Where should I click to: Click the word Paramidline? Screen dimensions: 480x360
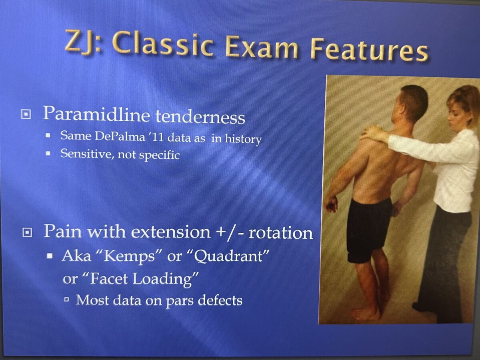[96, 114]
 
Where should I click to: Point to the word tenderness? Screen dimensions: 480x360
[200, 117]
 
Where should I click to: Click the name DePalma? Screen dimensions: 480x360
[120, 136]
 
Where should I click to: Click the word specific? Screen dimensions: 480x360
[160, 156]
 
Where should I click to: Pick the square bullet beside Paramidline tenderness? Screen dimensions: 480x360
[26, 114]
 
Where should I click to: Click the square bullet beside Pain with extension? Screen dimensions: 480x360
[27, 232]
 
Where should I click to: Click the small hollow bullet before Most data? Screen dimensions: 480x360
[67, 299]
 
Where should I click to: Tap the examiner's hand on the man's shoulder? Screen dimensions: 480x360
[372, 132]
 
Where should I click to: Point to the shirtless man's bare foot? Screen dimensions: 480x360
[365, 314]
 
